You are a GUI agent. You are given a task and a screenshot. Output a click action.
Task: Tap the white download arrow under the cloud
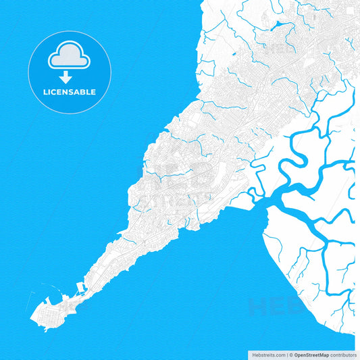pyautogui.click(x=66, y=77)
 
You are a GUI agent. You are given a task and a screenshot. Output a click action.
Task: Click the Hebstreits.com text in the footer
pyautogui.click(x=265, y=355)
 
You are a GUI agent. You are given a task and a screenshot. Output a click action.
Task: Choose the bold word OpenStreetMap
pyautogui.click(x=312, y=355)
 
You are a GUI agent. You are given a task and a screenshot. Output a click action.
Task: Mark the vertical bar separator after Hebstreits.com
pyautogui.click(x=286, y=355)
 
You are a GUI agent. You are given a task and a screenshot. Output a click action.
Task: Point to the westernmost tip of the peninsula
pyautogui.click(x=31, y=316)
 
